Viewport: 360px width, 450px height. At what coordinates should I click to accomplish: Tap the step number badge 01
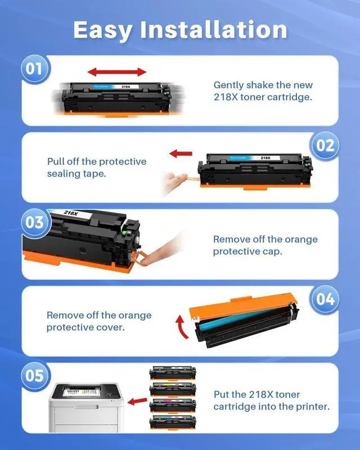34,69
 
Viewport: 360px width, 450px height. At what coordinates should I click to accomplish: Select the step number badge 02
325,146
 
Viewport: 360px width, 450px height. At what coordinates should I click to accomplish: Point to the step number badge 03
34,222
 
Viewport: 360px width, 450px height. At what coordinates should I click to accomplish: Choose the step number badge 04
325,299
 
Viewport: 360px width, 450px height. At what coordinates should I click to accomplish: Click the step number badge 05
34,375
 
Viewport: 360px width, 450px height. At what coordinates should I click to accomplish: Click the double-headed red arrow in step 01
117,72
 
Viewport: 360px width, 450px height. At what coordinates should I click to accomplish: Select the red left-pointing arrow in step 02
181,154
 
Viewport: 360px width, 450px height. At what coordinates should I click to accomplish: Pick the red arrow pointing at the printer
137,402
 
